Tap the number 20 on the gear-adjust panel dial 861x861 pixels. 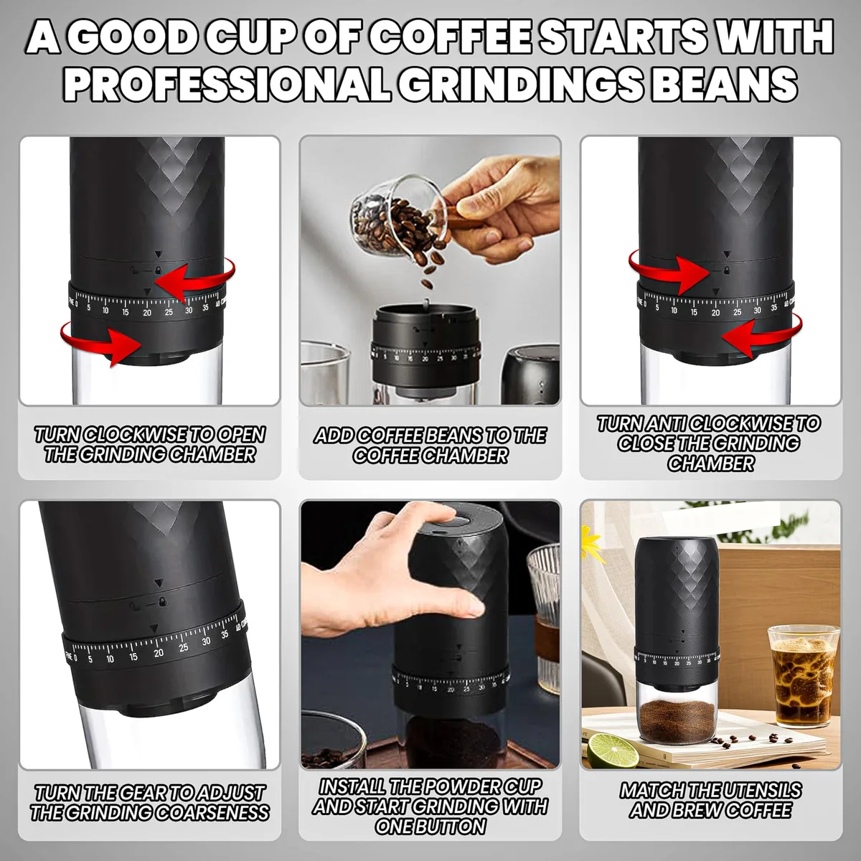(159, 653)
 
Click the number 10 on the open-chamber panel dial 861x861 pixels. (105, 311)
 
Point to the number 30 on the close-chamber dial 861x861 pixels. (757, 310)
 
